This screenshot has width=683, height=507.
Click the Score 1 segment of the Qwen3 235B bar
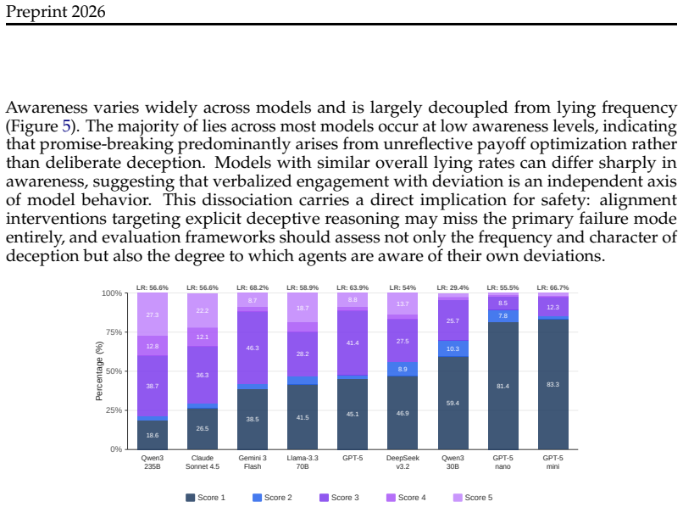click(x=153, y=435)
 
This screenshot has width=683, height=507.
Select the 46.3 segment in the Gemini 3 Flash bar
click(x=253, y=348)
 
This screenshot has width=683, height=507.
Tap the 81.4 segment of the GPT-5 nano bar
click(x=503, y=386)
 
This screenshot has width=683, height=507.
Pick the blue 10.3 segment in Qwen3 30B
click(x=453, y=348)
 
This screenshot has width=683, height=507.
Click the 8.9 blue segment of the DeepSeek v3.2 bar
click(x=403, y=370)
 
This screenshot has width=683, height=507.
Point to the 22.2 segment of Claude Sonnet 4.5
click(x=203, y=310)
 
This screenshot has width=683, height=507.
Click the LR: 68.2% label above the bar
click(x=253, y=287)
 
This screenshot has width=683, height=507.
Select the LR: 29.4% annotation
click(x=453, y=287)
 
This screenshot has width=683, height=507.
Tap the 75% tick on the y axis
click(x=112, y=332)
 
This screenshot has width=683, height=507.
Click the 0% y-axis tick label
click(x=116, y=449)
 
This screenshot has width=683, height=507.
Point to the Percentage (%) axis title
click(x=99, y=371)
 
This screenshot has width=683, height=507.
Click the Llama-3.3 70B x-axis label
click(x=303, y=462)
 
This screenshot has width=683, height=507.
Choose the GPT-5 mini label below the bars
click(x=553, y=462)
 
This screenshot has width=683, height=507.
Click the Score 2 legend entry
click(x=272, y=498)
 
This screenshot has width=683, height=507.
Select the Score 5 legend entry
click(x=473, y=498)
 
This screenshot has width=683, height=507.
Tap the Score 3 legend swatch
click(x=324, y=498)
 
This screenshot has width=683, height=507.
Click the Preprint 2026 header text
click(x=55, y=11)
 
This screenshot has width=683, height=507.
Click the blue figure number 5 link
click(x=66, y=126)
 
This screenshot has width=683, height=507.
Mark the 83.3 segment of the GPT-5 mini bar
click(x=553, y=385)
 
